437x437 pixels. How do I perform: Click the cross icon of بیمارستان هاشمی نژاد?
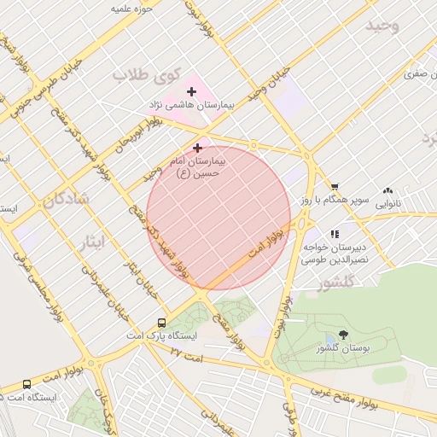[191, 91]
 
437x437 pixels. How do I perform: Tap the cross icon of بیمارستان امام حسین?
[198, 148]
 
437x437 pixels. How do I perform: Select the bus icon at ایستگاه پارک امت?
[161, 323]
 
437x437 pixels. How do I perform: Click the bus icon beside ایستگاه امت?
[27, 384]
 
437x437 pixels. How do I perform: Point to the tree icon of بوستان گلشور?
[343, 335]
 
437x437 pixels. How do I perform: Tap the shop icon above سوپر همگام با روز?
[335, 187]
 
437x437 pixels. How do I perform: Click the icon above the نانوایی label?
[388, 191]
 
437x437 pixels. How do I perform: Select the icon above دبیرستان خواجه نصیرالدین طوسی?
[335, 233]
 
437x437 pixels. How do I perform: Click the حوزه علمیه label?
[132, 9]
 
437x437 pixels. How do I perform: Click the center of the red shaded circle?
[218, 218]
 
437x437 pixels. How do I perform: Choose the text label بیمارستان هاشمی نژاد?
[191, 104]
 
